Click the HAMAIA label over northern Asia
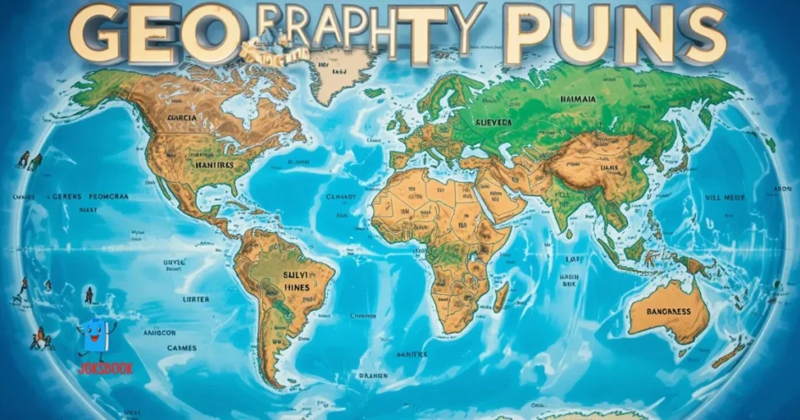coord(578,99)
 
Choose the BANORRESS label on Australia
coord(669,311)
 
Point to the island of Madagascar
coord(501,297)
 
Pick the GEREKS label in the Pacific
coord(66,198)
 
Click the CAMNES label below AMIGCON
coord(181,347)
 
